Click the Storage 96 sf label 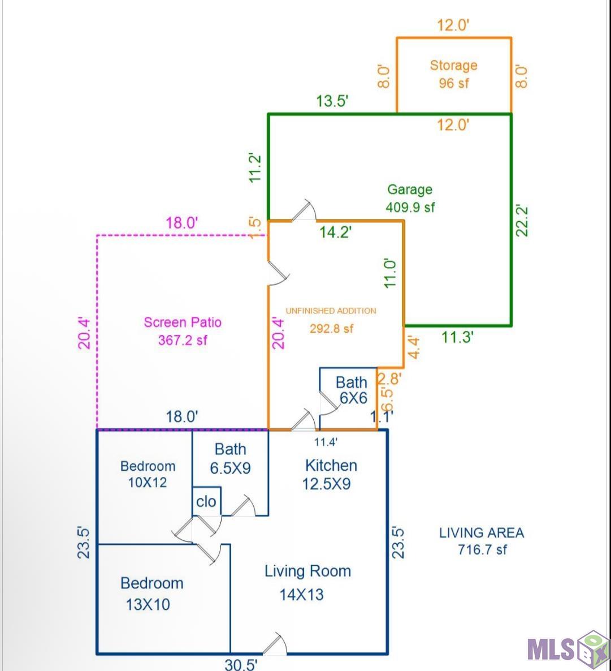[454, 74]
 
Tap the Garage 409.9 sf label [410, 197]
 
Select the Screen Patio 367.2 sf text [183, 331]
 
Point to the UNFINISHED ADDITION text [331, 311]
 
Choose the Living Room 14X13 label [307, 582]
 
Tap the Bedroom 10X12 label [148, 474]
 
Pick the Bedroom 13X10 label [152, 593]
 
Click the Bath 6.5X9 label [230, 458]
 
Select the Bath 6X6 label [352, 390]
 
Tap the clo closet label [206, 501]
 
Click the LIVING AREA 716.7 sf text [482, 541]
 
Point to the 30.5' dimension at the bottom [241, 664]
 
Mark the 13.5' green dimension [332, 101]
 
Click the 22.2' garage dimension [522, 221]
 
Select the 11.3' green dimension [457, 337]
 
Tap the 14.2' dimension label [336, 232]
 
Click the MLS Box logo [568, 649]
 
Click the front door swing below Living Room [275, 644]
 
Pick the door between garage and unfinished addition [304, 210]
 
